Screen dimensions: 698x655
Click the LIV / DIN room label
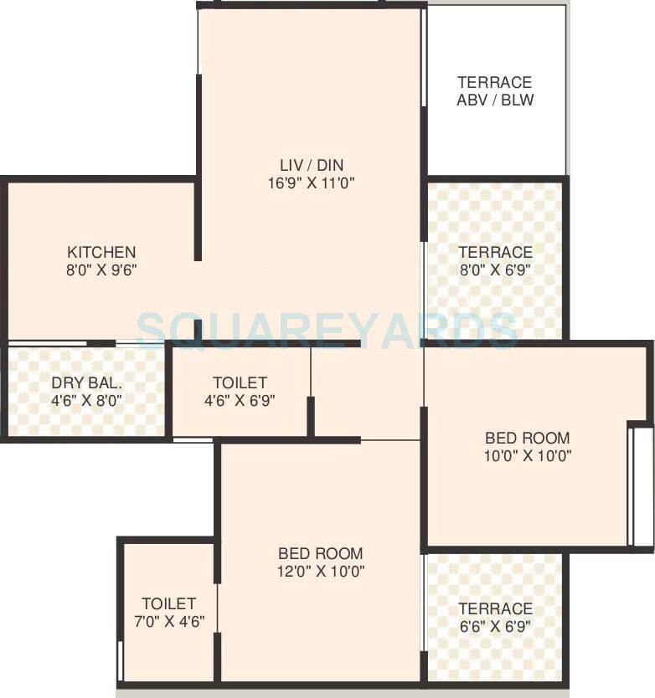click(x=312, y=165)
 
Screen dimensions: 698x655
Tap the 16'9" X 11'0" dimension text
click(x=312, y=182)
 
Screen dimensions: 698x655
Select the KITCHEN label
click(x=101, y=252)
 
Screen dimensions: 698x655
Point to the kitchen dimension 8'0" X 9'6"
click(x=101, y=270)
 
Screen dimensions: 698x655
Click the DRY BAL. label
click(x=87, y=382)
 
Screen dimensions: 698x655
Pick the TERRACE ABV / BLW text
click(x=494, y=91)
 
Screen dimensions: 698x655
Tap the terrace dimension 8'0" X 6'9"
click(x=494, y=269)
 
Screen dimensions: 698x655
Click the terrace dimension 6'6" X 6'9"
click(x=494, y=626)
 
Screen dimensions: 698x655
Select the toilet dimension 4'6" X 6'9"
click(x=240, y=400)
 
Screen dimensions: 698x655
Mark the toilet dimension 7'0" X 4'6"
click(x=168, y=622)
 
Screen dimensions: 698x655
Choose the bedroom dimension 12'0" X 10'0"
click(x=320, y=572)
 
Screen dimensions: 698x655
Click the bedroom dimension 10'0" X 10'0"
click(x=528, y=456)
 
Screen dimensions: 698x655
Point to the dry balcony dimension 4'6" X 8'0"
click(x=87, y=400)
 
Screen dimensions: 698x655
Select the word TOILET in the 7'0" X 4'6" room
click(x=168, y=603)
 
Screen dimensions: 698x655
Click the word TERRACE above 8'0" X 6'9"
click(x=494, y=252)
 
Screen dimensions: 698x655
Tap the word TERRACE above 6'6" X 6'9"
click(x=494, y=608)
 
